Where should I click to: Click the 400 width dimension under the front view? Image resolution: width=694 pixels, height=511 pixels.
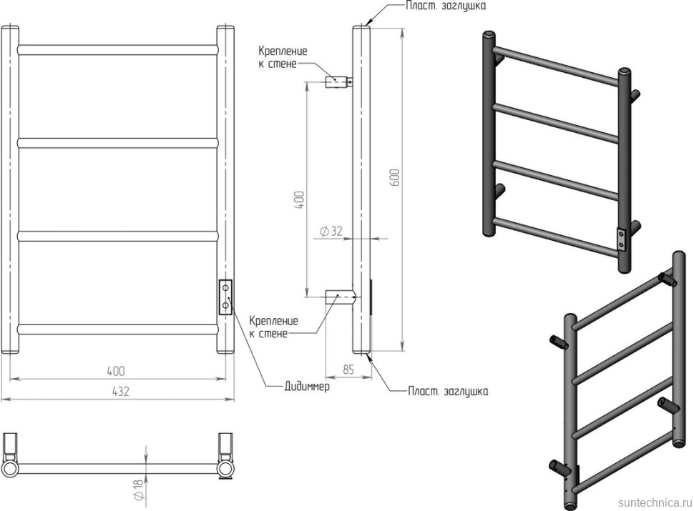pyautogui.click(x=116, y=371)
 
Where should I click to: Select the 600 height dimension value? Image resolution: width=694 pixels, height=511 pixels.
pyautogui.click(x=394, y=178)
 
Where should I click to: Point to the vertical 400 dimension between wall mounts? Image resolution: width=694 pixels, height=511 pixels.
pyautogui.click(x=300, y=199)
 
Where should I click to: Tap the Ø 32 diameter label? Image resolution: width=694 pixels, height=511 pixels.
pyautogui.click(x=331, y=231)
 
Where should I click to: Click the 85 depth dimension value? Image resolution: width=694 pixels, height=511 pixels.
pyautogui.click(x=349, y=370)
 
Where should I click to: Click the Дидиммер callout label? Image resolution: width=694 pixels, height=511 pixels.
pyautogui.click(x=307, y=387)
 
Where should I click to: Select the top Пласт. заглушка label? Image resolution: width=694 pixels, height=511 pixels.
pyautogui.click(x=446, y=6)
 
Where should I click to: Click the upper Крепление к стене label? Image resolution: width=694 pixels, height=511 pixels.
pyautogui.click(x=283, y=58)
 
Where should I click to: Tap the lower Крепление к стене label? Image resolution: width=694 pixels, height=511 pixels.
pyautogui.click(x=273, y=327)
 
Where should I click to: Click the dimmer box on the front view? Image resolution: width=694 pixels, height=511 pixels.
pyautogui.click(x=226, y=297)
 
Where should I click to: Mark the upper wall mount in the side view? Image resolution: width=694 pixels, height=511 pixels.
pyautogui.click(x=338, y=81)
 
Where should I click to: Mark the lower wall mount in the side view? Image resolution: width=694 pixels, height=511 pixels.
pyautogui.click(x=339, y=296)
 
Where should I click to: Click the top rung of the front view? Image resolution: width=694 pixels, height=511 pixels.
pyautogui.click(x=118, y=50)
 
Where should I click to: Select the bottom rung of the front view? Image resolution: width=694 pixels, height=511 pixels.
pyautogui.click(x=118, y=329)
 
